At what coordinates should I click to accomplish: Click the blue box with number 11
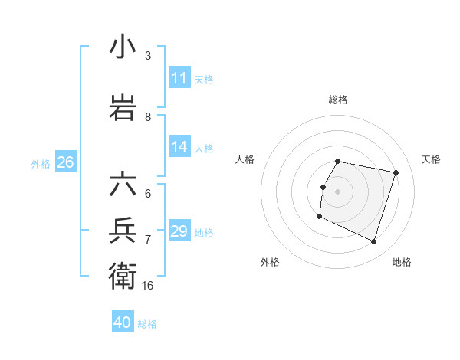point(179,79)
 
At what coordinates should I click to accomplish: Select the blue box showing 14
point(179,148)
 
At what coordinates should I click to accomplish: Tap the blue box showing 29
point(179,232)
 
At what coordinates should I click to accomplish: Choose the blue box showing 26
point(65,163)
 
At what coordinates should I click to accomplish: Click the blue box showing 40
point(123,322)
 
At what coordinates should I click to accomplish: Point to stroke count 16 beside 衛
point(148,285)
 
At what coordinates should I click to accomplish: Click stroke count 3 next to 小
point(148,56)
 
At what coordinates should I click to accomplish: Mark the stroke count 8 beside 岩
point(148,117)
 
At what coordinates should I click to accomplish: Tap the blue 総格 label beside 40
point(147,324)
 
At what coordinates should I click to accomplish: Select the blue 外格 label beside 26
point(41,164)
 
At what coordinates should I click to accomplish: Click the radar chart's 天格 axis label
point(431,159)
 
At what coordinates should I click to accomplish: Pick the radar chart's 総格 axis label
point(338,100)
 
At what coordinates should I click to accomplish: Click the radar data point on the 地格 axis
point(374,242)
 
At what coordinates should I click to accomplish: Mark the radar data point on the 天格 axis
point(396,173)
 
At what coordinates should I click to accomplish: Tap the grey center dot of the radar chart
point(338,191)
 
